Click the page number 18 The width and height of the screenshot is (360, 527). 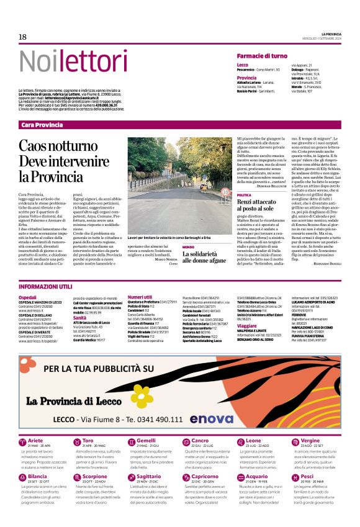[22, 37]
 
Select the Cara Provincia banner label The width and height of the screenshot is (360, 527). [42, 125]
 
